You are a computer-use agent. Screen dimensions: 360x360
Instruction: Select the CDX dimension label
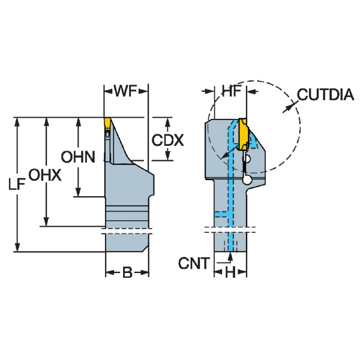click(167, 140)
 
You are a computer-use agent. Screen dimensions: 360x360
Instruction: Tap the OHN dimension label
click(78, 157)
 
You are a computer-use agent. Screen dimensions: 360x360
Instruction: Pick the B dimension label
click(127, 273)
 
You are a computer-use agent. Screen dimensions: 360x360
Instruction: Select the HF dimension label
click(230, 91)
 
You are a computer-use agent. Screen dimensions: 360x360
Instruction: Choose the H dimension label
click(230, 273)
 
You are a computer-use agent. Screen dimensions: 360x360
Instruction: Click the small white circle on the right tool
click(247, 179)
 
